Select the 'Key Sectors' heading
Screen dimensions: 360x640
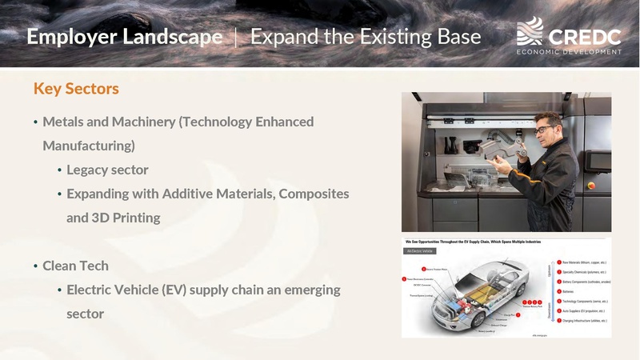click(76, 88)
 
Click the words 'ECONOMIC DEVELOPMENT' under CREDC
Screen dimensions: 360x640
click(570, 51)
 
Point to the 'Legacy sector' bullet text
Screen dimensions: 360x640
click(107, 170)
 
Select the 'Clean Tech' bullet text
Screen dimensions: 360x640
click(75, 266)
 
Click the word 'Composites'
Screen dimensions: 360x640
click(313, 194)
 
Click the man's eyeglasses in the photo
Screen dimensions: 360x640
click(545, 129)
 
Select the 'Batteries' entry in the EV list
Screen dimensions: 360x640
click(574, 290)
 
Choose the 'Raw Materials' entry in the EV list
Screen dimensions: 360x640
click(584, 262)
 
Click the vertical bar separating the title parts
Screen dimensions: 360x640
click(236, 37)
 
